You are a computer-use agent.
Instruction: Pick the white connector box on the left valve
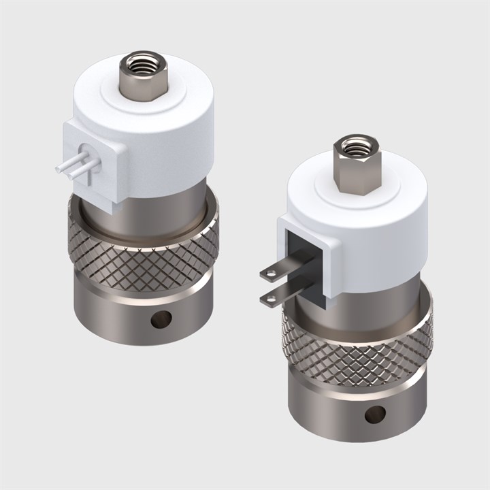point(95,163)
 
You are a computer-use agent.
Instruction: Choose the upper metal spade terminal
point(279,268)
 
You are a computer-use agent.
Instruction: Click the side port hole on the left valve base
point(161,318)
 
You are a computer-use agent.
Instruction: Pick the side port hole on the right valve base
point(374,413)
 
